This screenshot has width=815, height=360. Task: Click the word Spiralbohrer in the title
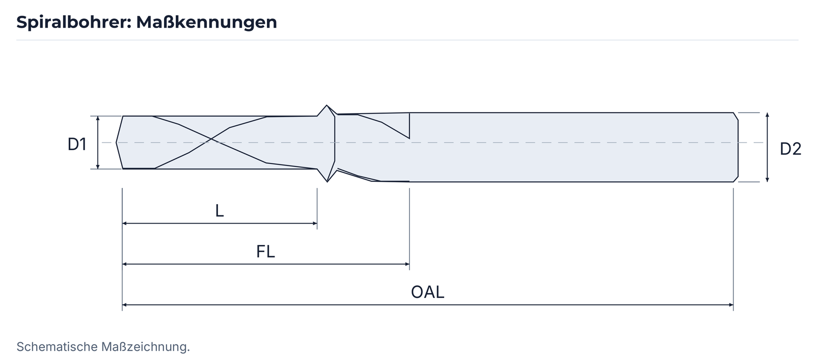coord(73,22)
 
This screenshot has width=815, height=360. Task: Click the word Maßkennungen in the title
coord(207,22)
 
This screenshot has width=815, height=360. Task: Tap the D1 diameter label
coord(77,145)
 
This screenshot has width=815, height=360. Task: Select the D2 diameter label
coord(790,149)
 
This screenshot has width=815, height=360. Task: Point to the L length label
coord(220,211)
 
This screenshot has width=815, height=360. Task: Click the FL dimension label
coord(265,252)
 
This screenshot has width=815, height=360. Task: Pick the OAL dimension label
coord(427,292)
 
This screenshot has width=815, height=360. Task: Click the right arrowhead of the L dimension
coord(315,223)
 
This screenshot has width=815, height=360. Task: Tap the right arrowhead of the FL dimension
coord(407,264)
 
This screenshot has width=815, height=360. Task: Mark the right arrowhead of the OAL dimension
coord(731,304)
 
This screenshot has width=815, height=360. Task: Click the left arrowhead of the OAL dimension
coord(124,304)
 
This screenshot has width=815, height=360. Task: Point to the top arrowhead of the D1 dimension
coord(97,119)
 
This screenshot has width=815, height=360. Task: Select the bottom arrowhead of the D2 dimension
coord(767,179)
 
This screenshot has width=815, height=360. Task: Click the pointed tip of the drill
coord(117,143)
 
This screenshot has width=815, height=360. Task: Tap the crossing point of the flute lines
coord(211,139)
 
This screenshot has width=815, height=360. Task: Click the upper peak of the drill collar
coord(327,106)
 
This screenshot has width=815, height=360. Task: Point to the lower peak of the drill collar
coord(327,181)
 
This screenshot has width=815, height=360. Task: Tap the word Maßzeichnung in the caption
coord(146,347)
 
